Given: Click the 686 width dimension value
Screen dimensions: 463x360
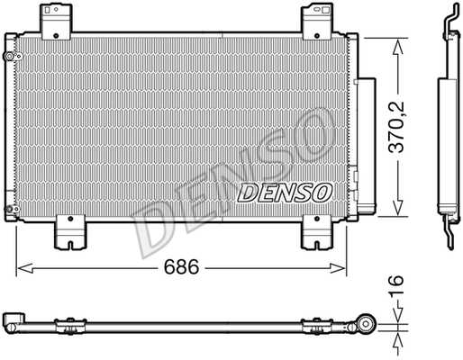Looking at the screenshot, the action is (181, 266).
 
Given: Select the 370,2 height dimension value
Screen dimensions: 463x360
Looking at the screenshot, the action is (396, 128).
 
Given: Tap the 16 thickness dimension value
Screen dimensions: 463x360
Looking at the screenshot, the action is (396, 286).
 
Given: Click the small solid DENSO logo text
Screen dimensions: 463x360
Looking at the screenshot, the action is (285, 193).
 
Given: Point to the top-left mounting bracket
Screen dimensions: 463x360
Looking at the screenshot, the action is (56, 22).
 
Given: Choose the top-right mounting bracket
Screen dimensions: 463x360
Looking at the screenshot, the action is (317, 22).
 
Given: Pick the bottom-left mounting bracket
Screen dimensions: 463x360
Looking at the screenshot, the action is (70, 232).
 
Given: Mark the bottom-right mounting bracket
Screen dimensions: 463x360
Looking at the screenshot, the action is (317, 232).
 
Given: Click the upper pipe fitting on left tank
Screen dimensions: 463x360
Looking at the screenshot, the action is (12, 57).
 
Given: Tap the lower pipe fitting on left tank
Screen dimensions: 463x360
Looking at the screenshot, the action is (12, 209).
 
